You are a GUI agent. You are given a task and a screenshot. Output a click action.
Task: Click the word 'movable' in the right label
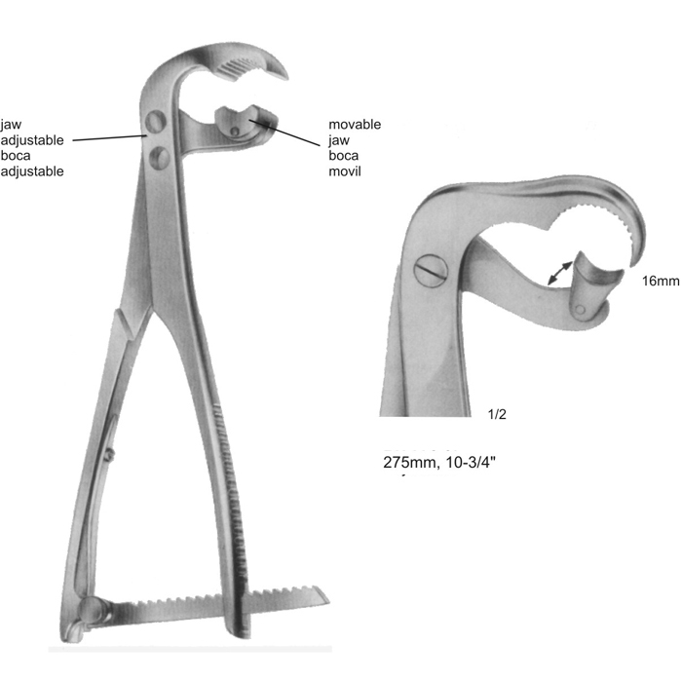click(355, 125)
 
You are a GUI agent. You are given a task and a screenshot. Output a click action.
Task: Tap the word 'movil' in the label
click(345, 171)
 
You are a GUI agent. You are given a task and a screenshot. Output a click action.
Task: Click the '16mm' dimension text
click(661, 281)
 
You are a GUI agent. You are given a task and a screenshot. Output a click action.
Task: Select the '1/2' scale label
click(497, 414)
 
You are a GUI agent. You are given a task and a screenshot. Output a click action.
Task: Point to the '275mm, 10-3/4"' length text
click(439, 462)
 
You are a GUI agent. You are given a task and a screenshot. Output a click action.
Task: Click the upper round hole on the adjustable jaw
click(156, 122)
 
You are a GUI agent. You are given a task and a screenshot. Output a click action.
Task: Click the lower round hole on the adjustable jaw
click(159, 158)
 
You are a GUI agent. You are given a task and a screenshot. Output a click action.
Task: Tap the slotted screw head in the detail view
click(431, 270)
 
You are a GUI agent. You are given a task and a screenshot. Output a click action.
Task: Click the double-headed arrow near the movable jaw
click(560, 273)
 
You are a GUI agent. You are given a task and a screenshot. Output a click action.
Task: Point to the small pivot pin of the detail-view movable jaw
click(580, 310)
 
